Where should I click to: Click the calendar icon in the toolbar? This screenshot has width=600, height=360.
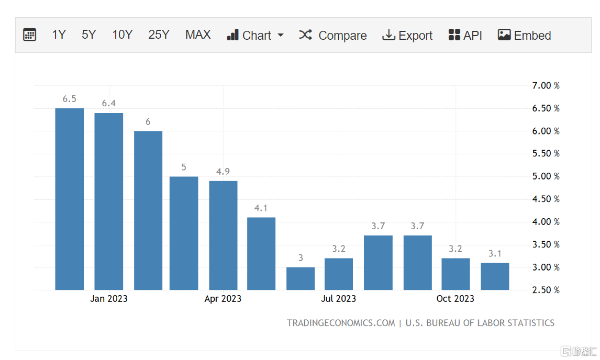tap(30, 35)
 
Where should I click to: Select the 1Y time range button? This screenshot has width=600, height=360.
tap(59, 35)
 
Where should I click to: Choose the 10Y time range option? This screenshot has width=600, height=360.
tap(122, 35)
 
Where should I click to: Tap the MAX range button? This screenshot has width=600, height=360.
tap(198, 35)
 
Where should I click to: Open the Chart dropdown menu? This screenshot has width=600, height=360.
tap(255, 35)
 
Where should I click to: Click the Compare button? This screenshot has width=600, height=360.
tap(333, 35)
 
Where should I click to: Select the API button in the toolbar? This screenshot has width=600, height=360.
tap(465, 35)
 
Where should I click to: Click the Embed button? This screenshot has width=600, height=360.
tap(524, 35)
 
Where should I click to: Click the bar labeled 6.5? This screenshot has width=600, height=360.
tap(70, 199)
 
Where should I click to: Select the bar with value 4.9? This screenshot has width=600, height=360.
tap(223, 235)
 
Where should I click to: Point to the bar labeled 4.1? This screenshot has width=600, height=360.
tap(261, 254)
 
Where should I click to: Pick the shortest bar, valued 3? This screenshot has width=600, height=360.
tap(301, 278)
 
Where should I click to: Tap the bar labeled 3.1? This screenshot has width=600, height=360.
tap(495, 276)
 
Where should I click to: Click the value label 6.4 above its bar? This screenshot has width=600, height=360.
tap(108, 104)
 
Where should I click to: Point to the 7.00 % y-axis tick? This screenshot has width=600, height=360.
tap(546, 86)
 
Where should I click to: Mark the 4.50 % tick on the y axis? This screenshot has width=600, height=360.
tap(546, 199)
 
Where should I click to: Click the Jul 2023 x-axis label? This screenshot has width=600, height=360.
tap(339, 299)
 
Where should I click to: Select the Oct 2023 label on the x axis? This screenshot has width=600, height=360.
tap(455, 299)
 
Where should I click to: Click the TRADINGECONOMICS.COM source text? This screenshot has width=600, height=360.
tap(341, 323)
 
